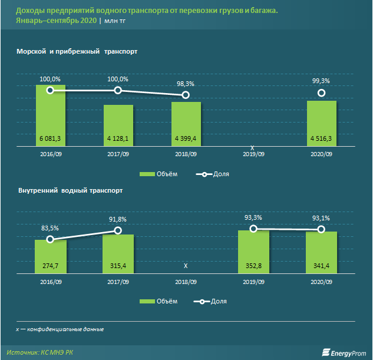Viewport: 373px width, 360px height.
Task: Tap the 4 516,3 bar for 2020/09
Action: pyautogui.click(x=322, y=124)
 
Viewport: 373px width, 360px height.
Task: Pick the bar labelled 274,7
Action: pyautogui.click(x=50, y=257)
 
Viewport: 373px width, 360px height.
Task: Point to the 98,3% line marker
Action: pyautogui.click(x=186, y=95)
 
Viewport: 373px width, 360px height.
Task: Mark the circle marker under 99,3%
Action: pyautogui.click(x=322, y=93)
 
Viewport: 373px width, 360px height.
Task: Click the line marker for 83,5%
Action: pyautogui.click(x=50, y=239)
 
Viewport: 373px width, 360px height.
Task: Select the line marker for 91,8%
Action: pyautogui.click(x=118, y=230)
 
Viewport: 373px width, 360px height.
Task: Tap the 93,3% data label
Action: pyautogui.click(x=253, y=218)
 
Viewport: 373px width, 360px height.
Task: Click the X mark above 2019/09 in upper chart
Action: pyautogui.click(x=253, y=147)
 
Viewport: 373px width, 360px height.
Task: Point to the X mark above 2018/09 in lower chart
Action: pyautogui.click(x=186, y=266)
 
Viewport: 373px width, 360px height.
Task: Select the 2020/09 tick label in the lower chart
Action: pyautogui.click(x=322, y=282)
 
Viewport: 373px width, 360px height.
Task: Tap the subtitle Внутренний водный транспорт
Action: pyautogui.click(x=71, y=191)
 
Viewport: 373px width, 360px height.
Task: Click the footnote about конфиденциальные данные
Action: pyautogui.click(x=56, y=329)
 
